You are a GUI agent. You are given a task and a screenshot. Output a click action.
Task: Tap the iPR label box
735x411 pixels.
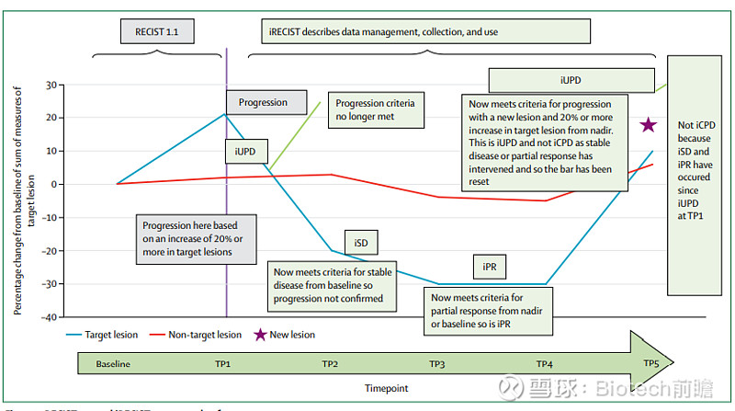pos(489,267)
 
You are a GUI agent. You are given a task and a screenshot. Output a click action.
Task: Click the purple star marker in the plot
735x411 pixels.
pos(648,125)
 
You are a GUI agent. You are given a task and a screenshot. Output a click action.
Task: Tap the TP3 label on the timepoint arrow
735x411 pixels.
pos(436,364)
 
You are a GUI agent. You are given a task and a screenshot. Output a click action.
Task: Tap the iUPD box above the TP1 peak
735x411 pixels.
pos(244,150)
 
